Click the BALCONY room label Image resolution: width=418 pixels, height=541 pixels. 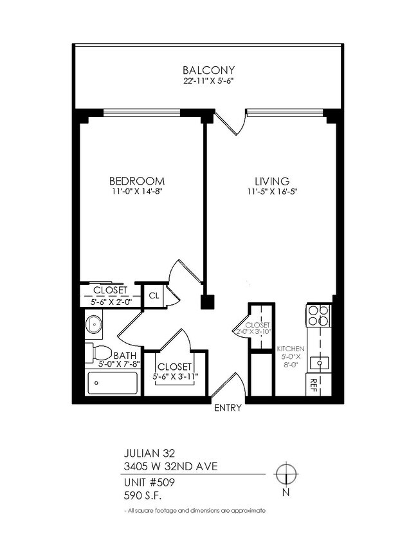tap(208, 70)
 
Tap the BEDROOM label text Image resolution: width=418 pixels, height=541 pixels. tap(136, 181)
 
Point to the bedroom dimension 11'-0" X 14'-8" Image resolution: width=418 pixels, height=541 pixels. tap(136, 192)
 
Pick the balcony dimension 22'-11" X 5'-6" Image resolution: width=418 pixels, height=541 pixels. tap(208, 81)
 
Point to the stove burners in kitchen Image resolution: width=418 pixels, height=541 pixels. tap(318, 316)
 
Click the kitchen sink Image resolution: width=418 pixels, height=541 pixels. tap(318, 363)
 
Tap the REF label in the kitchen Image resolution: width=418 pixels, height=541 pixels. tap(314, 385)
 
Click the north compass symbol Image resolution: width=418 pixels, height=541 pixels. tap(285, 475)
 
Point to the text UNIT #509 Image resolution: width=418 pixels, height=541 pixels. tap(149, 482)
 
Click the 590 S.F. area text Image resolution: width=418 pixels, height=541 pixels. tap(141, 495)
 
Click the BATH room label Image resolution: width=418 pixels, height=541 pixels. tap(123, 354)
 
